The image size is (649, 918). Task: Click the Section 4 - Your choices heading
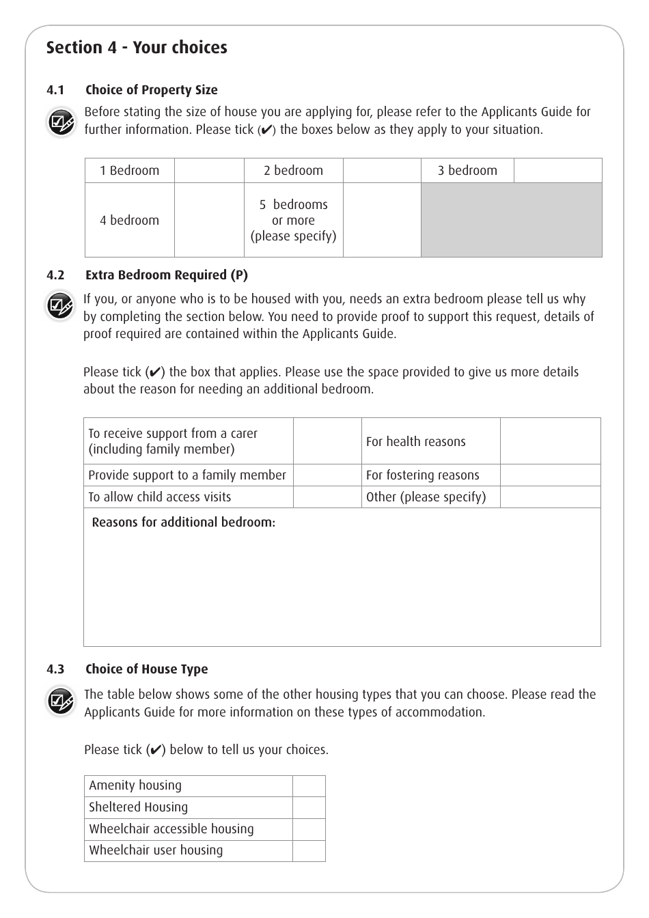pyautogui.click(x=137, y=48)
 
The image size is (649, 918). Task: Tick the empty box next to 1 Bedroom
pyautogui.click(x=209, y=171)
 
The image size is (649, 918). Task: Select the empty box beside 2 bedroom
pyautogui.click(x=382, y=171)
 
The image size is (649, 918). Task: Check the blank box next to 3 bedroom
pyautogui.click(x=557, y=171)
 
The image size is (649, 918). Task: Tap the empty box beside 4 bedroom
pyautogui.click(x=209, y=220)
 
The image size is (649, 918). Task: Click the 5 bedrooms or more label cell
pyautogui.click(x=293, y=220)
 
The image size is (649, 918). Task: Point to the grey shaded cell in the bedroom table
pyautogui.click(x=511, y=220)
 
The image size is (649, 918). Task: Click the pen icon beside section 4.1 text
pyautogui.click(x=61, y=123)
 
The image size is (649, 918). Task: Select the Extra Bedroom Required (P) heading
pyautogui.click(x=166, y=275)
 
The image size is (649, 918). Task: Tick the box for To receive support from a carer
pyautogui.click(x=327, y=441)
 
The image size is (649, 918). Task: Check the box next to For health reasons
pyautogui.click(x=550, y=441)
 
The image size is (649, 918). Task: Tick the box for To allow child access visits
pyautogui.click(x=327, y=497)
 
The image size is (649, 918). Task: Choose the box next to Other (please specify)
pyautogui.click(x=550, y=497)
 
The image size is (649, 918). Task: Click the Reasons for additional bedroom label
pyautogui.click(x=183, y=523)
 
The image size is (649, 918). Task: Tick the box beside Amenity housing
pyautogui.click(x=309, y=786)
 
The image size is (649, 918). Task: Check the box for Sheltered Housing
pyautogui.click(x=309, y=807)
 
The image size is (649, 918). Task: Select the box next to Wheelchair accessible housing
pyautogui.click(x=309, y=829)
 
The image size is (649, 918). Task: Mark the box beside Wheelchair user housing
pyautogui.click(x=309, y=850)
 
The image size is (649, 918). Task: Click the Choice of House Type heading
pyautogui.click(x=146, y=669)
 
